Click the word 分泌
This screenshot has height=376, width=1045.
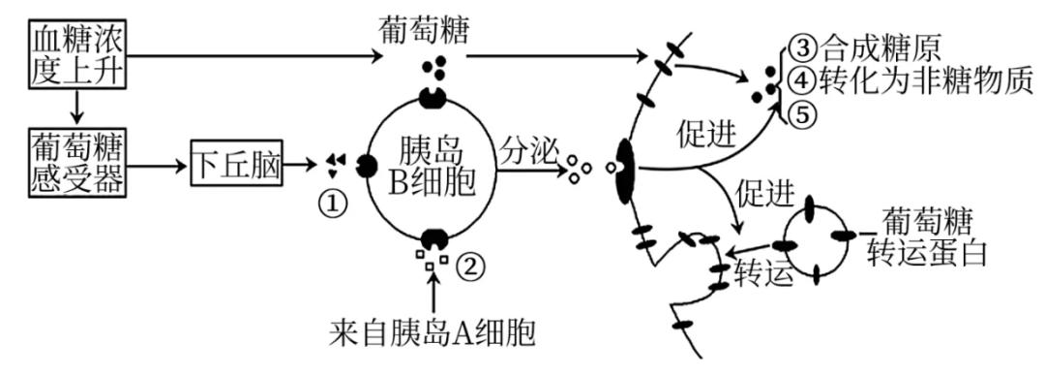click(526, 149)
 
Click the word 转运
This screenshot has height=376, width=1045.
click(763, 271)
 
